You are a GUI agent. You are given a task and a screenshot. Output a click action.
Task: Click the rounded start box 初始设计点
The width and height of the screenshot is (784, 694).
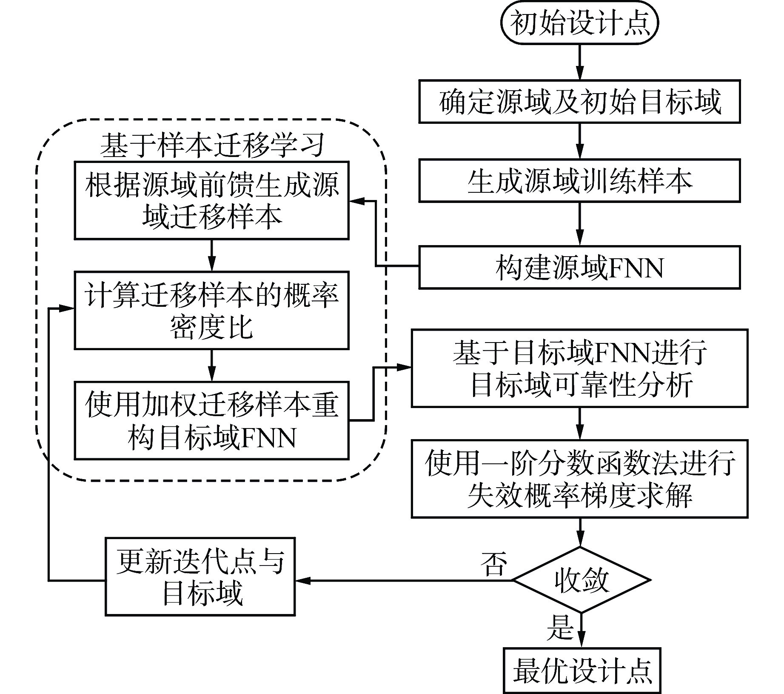click(x=579, y=23)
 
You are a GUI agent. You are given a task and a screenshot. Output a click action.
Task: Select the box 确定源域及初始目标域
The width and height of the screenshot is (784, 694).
click(x=579, y=102)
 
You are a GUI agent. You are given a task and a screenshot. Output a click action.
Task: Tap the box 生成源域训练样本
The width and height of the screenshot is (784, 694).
click(x=579, y=181)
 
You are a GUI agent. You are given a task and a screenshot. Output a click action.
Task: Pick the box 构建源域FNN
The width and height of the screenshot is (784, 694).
click(x=579, y=268)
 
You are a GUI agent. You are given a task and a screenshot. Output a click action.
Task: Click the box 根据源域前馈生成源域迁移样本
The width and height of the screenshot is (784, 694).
click(x=211, y=200)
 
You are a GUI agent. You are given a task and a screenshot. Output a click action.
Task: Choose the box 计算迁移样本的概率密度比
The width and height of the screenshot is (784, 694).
click(x=211, y=310)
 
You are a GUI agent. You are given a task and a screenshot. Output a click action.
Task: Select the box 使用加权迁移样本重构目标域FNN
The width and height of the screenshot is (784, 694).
click(x=211, y=420)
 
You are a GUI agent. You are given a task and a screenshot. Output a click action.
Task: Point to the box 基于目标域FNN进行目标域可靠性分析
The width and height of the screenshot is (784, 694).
click(x=579, y=368)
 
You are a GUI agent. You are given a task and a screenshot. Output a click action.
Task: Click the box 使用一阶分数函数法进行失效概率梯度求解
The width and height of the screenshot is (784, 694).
click(x=579, y=479)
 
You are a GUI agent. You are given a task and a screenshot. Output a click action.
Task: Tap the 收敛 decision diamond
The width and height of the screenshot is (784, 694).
click(x=581, y=580)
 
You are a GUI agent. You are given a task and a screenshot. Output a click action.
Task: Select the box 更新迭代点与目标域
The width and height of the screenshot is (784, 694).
click(x=200, y=577)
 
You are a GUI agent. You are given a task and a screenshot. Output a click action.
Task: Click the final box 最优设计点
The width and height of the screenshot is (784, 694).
click(x=582, y=671)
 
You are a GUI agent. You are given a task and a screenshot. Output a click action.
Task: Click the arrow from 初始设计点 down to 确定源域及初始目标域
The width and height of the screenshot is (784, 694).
click(x=579, y=62)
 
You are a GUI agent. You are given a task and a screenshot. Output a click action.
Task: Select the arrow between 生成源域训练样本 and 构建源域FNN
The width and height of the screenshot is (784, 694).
click(x=579, y=223)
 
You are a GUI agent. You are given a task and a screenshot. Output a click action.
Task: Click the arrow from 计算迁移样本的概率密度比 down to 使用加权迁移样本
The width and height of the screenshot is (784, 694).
click(x=211, y=365)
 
